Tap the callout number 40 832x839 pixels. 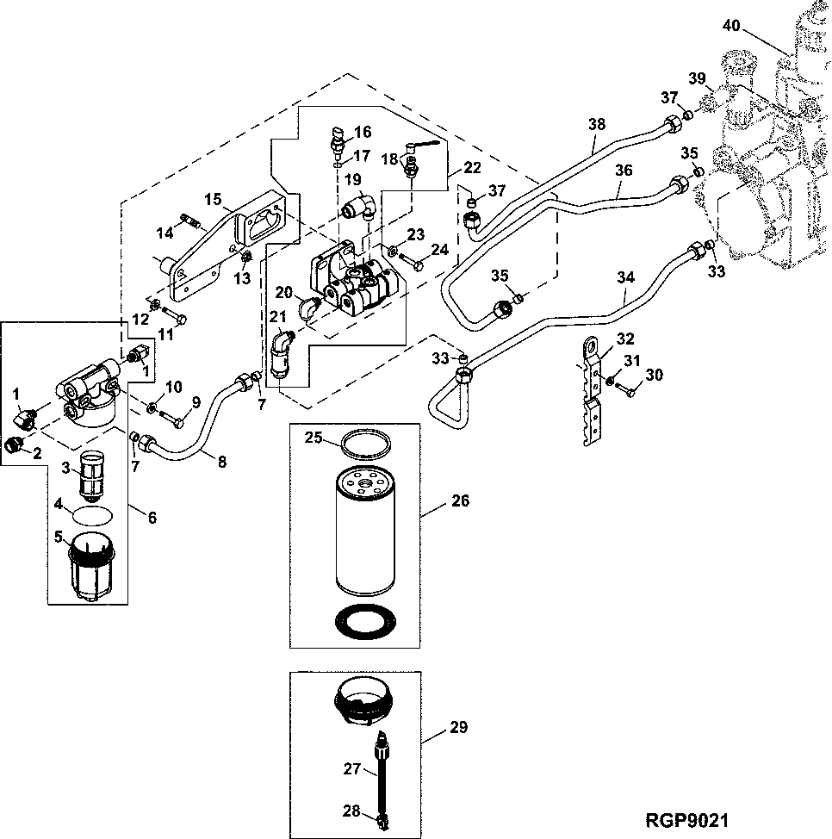pos(731,26)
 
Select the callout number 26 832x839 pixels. pos(461,500)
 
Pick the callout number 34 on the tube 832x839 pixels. pos(626,277)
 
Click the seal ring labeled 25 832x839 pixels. pos(363,446)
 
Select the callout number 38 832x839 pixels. pos(597,124)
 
